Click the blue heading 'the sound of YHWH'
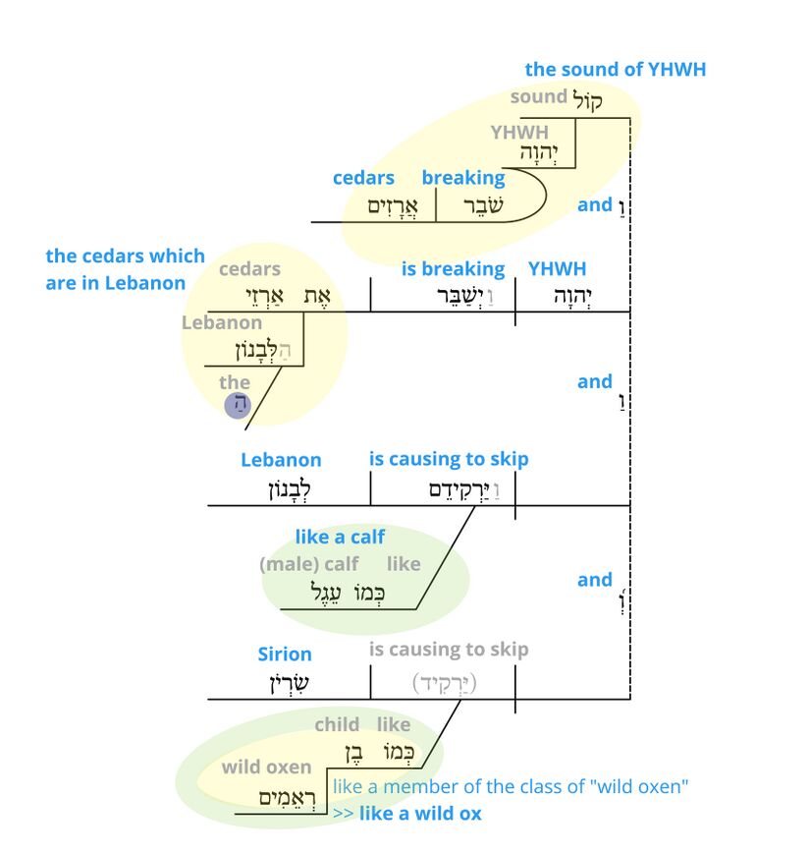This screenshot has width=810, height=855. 615,69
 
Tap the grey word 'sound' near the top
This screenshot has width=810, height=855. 538,96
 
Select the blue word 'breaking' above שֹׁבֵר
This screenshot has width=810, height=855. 463,178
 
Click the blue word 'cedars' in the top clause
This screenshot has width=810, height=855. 363,178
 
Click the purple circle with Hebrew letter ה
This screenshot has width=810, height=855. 238,405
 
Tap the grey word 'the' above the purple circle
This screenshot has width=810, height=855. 235,382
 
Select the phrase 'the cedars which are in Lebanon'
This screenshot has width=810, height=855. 125,269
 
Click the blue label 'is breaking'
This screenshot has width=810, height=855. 453,268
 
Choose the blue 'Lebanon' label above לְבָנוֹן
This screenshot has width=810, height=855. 281,459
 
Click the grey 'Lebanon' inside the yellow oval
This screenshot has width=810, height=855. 222,322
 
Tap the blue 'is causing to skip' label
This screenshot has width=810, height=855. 448,459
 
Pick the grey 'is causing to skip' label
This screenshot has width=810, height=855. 448,650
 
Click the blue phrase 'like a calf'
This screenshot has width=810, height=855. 340,537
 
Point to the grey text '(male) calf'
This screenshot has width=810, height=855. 308,564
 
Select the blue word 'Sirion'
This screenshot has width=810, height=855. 285,654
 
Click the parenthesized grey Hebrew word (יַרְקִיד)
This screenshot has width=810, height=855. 442,681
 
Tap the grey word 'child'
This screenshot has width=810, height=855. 337,724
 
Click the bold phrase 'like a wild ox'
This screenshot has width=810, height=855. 420,813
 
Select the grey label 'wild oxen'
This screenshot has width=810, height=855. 266,767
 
